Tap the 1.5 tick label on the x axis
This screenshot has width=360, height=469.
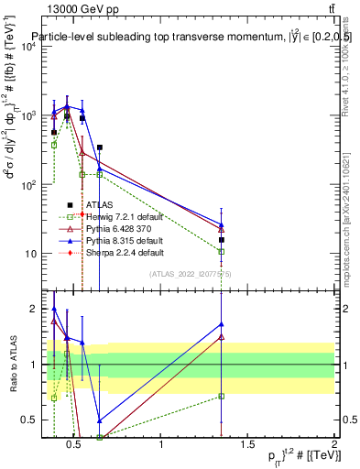(x=247, y=444)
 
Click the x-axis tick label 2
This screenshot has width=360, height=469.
(x=333, y=444)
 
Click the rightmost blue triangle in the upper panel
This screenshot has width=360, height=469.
(x=222, y=224)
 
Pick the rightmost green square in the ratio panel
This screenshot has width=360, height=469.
(x=222, y=396)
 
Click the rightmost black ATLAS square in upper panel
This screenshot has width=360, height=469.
(x=222, y=240)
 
